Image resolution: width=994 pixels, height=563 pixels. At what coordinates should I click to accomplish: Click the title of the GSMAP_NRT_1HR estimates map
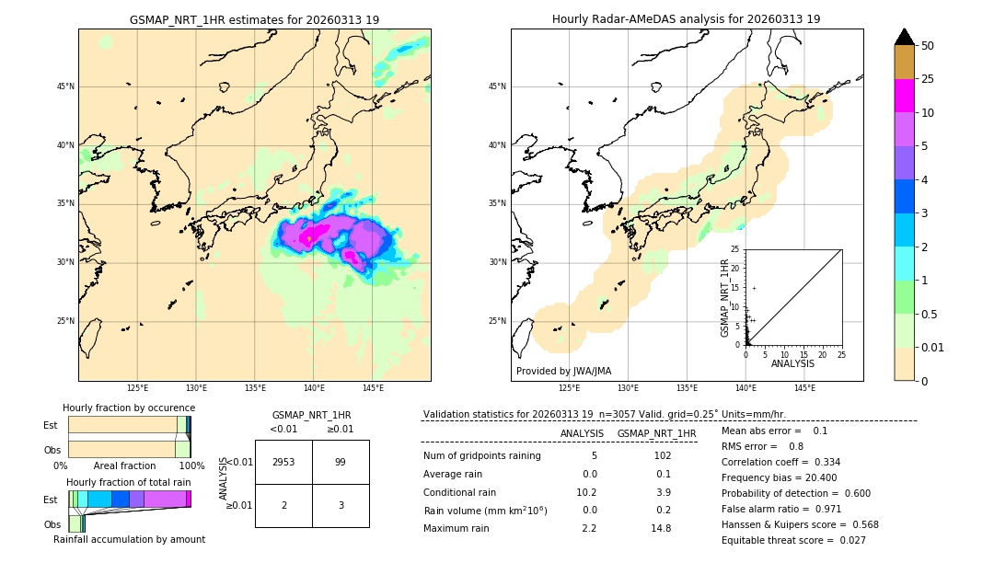point(254,19)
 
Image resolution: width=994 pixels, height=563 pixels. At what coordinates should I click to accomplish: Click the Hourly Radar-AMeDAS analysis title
point(687,19)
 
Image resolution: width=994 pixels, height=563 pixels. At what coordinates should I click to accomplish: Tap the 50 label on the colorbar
point(928,46)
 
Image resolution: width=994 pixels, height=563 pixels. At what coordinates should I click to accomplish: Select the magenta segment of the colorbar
point(905,96)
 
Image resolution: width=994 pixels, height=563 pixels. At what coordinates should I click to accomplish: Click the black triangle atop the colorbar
point(905,37)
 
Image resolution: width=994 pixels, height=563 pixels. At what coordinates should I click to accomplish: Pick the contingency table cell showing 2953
point(283,462)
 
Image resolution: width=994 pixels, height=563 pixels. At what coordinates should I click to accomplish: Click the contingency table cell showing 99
point(341,462)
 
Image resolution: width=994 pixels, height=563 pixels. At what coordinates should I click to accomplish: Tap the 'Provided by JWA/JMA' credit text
point(563,371)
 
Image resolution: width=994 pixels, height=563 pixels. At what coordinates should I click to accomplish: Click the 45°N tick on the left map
point(65,86)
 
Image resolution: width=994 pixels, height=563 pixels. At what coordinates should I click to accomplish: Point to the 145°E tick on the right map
point(804,388)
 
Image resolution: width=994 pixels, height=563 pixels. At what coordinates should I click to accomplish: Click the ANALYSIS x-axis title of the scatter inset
point(792,363)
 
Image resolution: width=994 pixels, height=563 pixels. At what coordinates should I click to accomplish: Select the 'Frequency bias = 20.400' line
point(780,478)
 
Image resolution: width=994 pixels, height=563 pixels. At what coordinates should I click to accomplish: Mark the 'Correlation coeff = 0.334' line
point(780,462)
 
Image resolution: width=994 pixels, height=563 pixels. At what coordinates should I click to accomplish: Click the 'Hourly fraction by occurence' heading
point(129,408)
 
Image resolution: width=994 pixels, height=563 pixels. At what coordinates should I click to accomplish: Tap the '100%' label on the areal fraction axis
point(191,465)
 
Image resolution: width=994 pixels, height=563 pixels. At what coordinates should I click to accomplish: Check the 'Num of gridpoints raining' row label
point(481,455)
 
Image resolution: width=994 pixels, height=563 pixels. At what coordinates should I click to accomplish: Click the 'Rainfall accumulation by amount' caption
point(129,539)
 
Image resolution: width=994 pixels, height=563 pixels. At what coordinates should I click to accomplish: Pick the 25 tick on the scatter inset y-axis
point(735,249)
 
